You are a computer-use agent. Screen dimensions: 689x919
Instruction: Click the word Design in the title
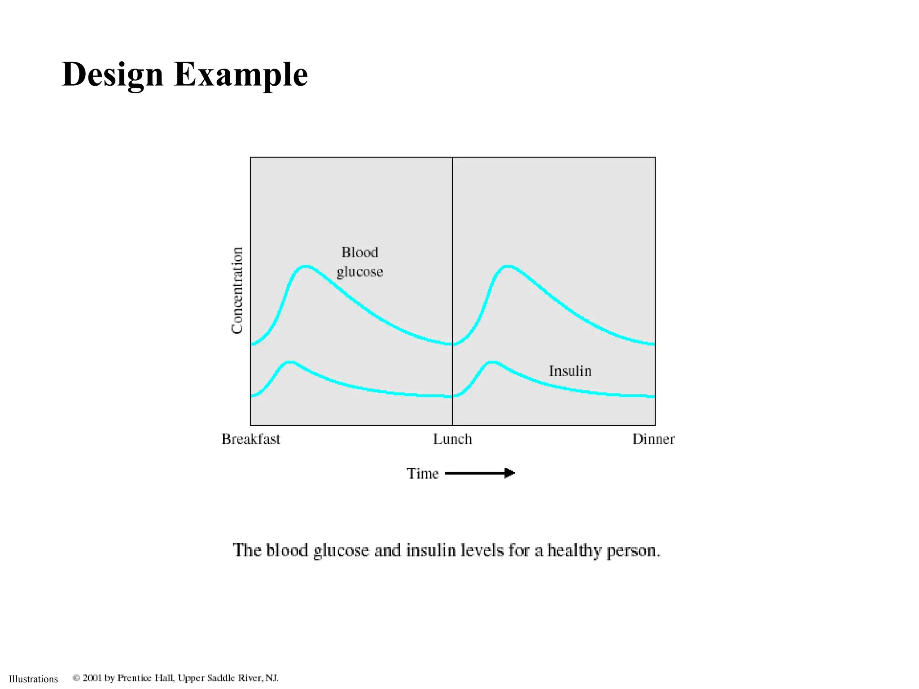112,74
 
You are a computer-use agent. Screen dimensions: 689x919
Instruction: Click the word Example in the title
241,74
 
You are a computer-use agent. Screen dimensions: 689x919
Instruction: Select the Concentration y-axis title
237,290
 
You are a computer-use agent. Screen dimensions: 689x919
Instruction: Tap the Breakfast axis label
251,439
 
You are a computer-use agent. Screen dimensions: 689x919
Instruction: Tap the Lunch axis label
452,439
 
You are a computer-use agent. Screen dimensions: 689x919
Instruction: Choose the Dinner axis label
653,439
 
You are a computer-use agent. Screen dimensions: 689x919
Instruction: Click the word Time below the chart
422,474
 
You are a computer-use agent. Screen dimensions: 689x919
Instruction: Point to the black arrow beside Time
480,473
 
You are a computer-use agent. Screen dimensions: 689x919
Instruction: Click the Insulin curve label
570,371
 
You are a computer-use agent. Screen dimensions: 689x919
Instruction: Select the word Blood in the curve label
360,253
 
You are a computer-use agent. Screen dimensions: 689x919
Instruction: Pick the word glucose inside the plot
360,272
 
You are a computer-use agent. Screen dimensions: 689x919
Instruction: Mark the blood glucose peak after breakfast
306,266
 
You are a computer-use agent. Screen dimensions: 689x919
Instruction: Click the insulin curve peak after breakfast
290,362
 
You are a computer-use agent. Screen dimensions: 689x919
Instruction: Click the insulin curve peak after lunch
492,362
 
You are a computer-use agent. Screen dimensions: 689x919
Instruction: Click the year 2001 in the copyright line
92,678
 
